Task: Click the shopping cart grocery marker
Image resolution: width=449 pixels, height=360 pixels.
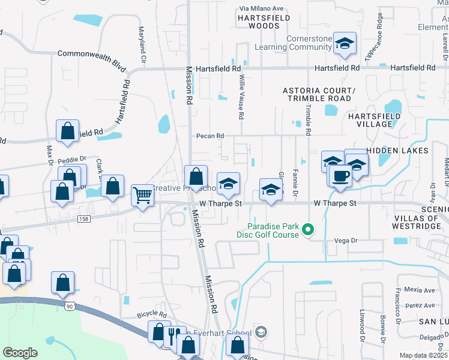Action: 142,194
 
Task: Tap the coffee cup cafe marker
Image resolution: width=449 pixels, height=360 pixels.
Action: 340,176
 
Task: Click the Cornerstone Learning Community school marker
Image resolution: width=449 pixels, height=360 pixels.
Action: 345,43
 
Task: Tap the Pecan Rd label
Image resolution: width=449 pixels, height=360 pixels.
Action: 210,136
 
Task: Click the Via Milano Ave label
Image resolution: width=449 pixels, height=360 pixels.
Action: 261,9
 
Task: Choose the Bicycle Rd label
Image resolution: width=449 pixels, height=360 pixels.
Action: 151,314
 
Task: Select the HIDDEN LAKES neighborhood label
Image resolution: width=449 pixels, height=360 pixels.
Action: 397,150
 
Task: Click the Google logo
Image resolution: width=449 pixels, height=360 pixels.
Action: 20,353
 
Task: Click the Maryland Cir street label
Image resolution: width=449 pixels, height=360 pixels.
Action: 143,45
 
